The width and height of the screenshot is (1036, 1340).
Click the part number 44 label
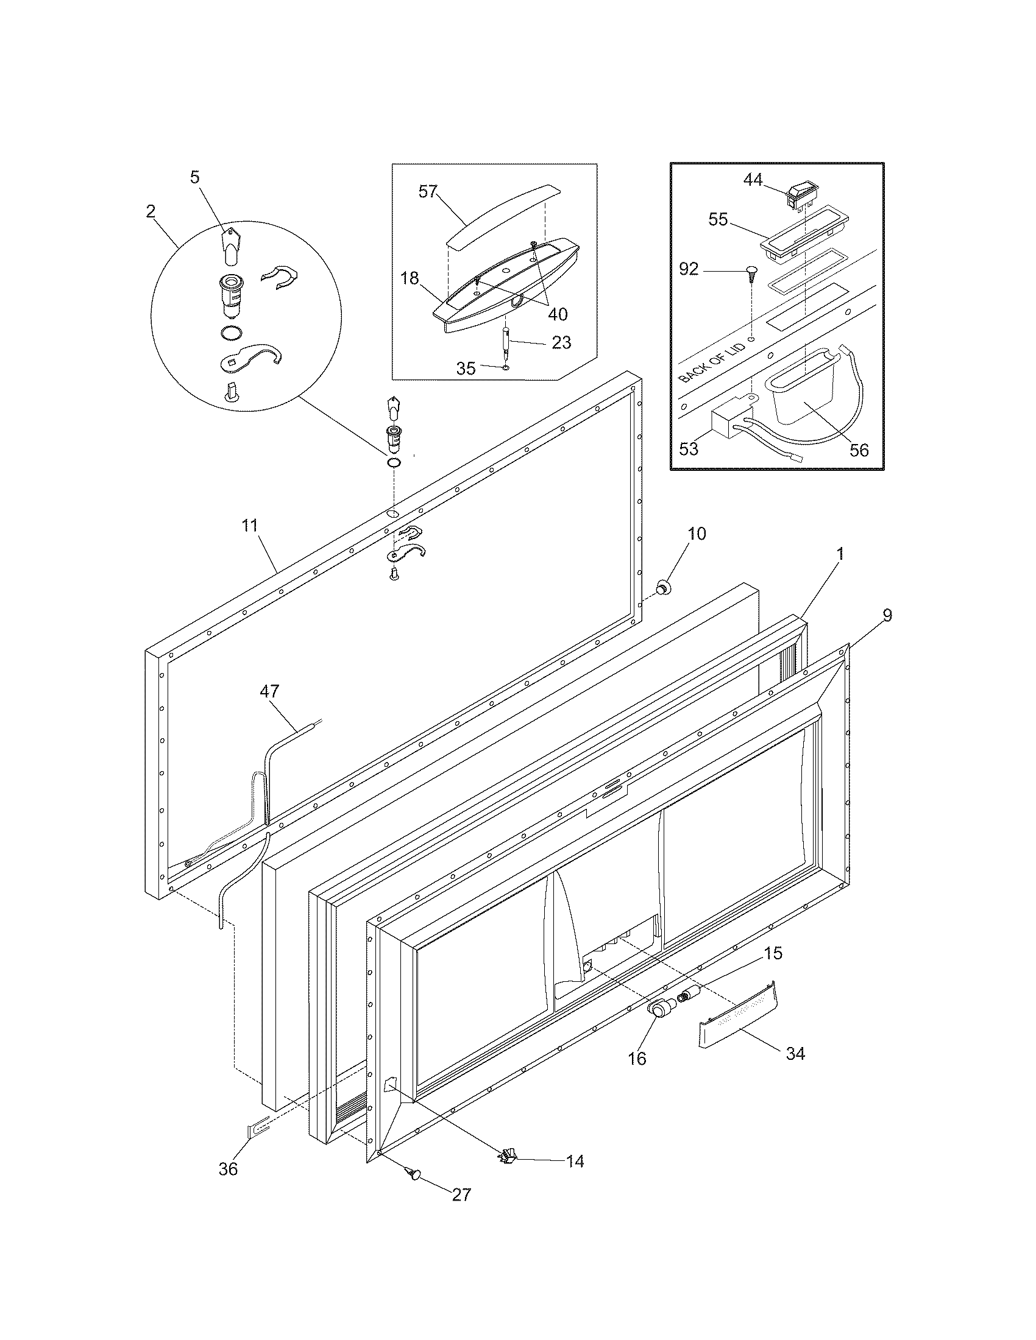753,180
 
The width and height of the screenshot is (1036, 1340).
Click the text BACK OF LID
712,362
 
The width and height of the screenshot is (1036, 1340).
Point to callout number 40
557,314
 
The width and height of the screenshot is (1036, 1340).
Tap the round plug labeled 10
664,587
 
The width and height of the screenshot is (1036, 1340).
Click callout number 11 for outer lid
249,526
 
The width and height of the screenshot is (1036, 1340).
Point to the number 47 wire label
269,691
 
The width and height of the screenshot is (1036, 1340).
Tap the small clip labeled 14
508,1157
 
